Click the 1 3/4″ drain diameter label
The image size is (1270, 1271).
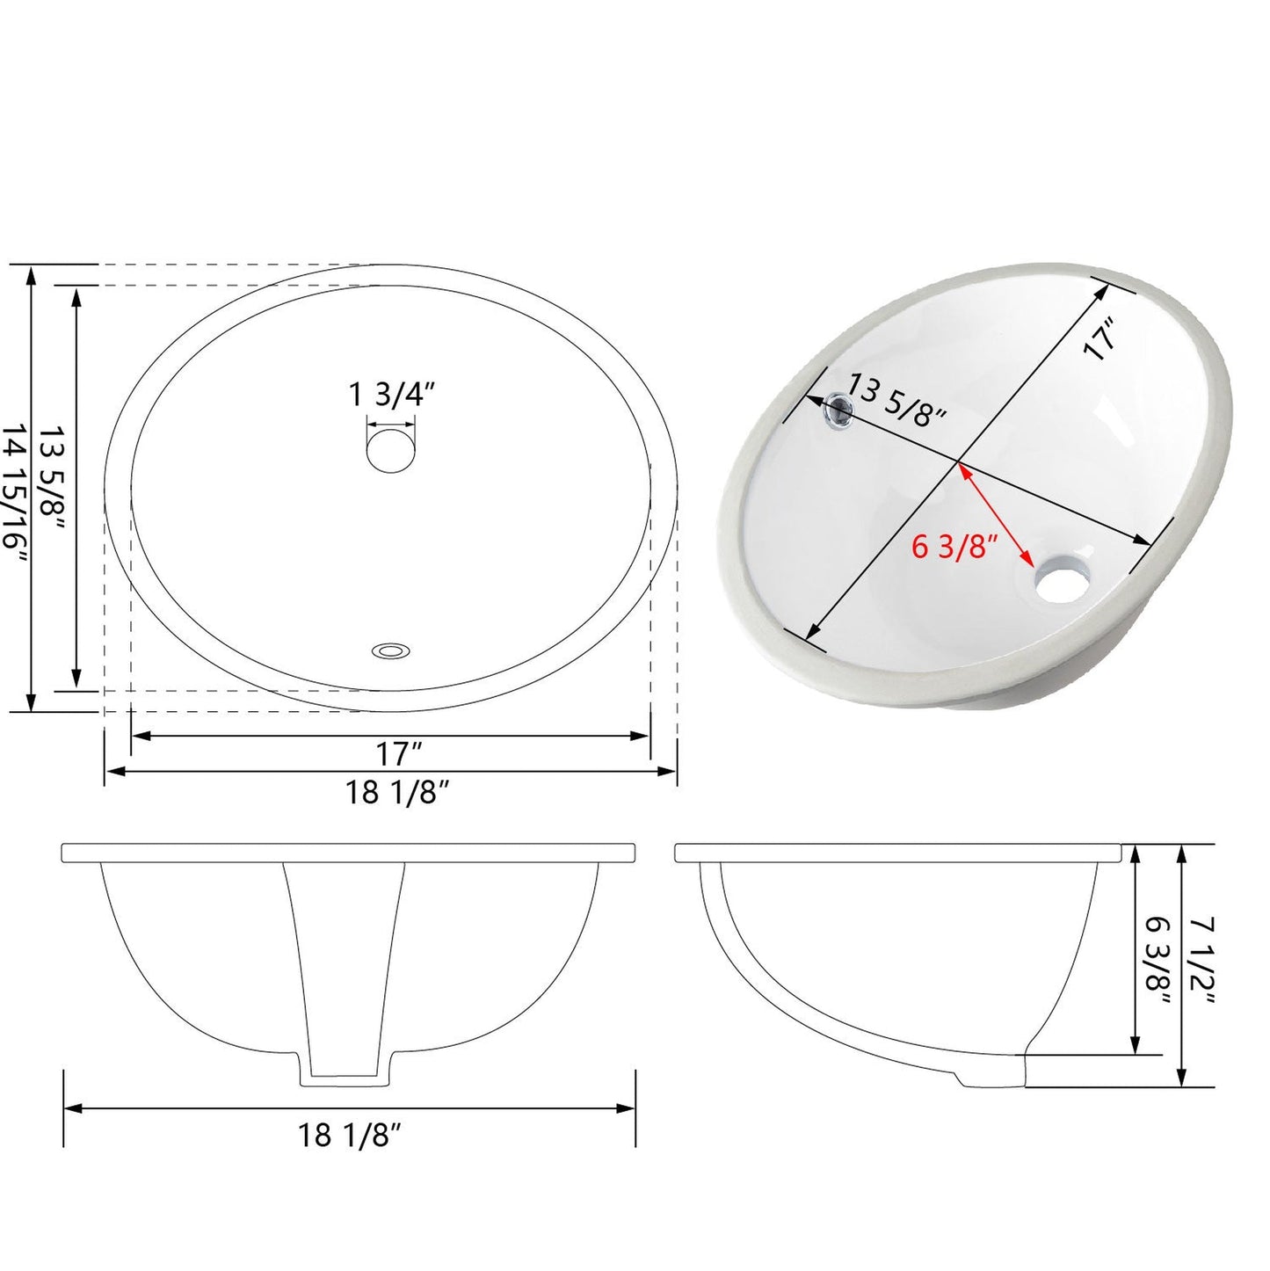[392, 396]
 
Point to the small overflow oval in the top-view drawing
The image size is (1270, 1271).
[391, 651]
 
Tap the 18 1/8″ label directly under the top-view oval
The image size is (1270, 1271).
[396, 793]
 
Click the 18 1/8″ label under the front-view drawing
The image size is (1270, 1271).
[348, 1136]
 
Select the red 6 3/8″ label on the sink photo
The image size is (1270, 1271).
[953, 548]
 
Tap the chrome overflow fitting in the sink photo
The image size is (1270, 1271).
[839, 409]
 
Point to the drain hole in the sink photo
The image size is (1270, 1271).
[1062, 580]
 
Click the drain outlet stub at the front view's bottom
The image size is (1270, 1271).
[346, 1064]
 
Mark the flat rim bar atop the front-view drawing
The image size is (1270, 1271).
[348, 853]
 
